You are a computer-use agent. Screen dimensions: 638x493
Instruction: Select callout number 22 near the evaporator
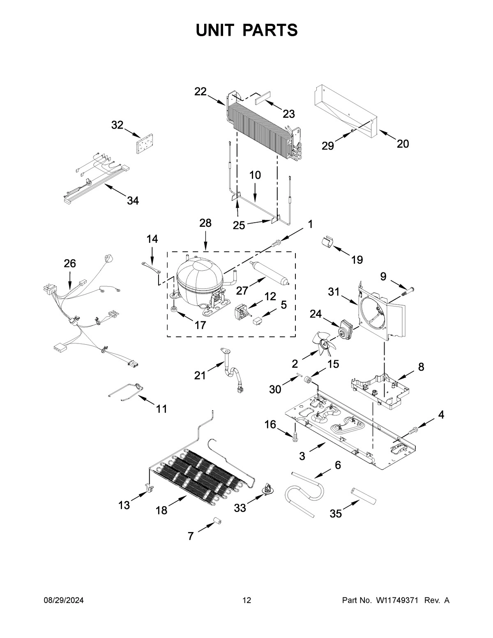[x=200, y=92]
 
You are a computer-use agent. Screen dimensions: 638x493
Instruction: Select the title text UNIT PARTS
[x=246, y=30]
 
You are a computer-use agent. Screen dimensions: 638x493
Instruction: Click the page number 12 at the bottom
[x=246, y=601]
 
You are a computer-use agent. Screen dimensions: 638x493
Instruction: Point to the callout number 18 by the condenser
[x=161, y=510]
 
